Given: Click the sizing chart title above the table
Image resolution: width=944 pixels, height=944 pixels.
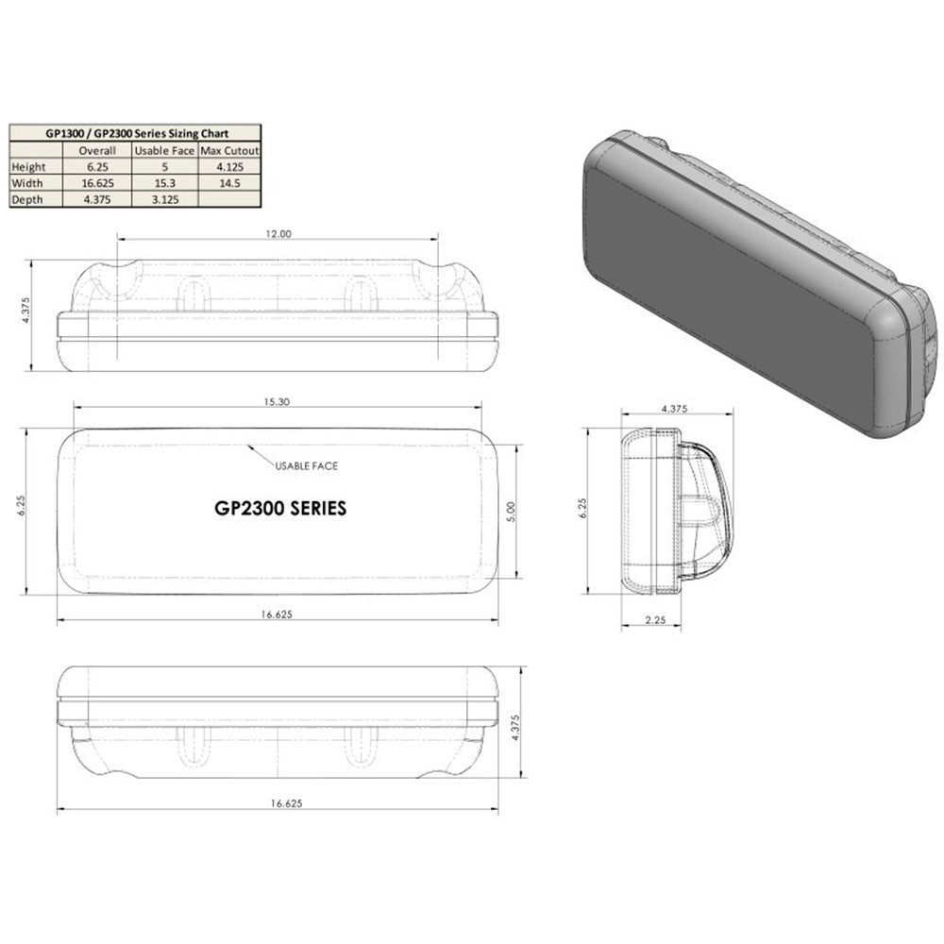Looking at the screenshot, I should point(134,133).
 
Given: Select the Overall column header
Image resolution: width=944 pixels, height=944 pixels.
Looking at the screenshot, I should point(97,150).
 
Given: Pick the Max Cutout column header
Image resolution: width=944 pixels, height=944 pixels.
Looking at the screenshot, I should point(228,150).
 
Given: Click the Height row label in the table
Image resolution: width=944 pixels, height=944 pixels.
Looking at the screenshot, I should point(28,167).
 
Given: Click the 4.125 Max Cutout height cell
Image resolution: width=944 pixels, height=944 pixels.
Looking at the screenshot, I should point(228,167).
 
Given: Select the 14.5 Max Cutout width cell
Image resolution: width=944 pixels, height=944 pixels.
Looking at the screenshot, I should point(228,183).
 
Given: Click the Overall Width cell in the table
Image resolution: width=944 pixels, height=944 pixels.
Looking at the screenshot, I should point(97,183).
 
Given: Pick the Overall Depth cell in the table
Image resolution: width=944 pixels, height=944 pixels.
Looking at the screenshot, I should point(97,199).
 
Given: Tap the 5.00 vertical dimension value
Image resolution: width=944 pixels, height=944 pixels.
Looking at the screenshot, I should point(511,513).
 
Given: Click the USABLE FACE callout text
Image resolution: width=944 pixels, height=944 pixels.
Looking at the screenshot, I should point(307,466).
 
